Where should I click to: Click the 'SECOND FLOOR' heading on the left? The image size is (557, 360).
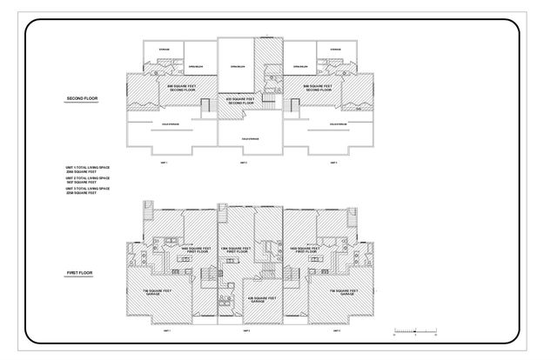pos(83,98)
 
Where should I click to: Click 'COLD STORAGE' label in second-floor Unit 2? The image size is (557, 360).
pos(251,138)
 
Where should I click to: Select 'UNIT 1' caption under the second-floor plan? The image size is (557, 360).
pos(163,163)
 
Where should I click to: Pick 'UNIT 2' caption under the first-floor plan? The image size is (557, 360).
pos(246,331)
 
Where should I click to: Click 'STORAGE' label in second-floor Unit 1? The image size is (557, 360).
pos(164,50)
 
